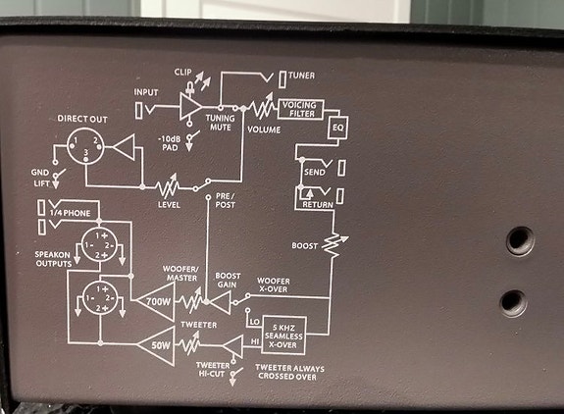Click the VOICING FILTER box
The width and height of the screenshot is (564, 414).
[x=301, y=109]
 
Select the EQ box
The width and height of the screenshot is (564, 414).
[x=337, y=128]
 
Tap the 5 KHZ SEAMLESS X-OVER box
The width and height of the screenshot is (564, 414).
[x=283, y=336]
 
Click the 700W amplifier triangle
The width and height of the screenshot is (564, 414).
[x=156, y=301]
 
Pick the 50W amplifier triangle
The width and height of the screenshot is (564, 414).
[x=157, y=346]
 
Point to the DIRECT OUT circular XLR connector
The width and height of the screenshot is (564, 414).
[x=85, y=146]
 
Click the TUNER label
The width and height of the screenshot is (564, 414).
[x=301, y=76]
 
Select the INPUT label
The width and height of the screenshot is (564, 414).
[x=146, y=92]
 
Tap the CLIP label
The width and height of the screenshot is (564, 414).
[x=182, y=72]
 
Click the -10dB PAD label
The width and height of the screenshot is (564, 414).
[x=170, y=143]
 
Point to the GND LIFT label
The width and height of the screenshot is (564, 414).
[x=40, y=178]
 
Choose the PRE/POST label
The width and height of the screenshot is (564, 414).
[x=226, y=201]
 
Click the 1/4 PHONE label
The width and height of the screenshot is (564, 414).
[x=70, y=213]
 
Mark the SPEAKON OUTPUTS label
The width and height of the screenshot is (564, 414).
[x=53, y=259]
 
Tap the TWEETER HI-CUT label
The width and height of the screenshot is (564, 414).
[x=212, y=370]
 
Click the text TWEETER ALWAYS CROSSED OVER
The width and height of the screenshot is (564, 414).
[x=289, y=373]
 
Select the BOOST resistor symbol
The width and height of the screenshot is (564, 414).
[x=333, y=245]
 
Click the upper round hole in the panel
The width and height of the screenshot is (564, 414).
[x=520, y=240]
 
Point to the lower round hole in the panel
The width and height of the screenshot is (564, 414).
[x=513, y=303]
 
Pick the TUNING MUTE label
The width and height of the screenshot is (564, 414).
[x=220, y=123]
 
